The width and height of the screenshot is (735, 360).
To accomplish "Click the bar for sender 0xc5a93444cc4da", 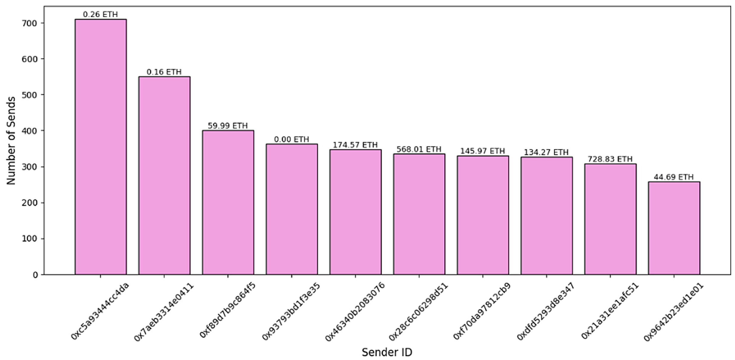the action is tap(100, 147).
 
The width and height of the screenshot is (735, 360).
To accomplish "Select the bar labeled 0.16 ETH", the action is tap(164, 176).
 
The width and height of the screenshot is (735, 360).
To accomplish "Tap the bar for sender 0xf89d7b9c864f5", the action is tap(228, 202).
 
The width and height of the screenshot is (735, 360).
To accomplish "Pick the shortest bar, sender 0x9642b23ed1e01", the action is tap(674, 228).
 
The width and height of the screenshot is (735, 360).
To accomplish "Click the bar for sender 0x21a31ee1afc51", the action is tap(610, 219).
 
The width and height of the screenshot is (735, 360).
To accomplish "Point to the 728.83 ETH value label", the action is tap(610, 159).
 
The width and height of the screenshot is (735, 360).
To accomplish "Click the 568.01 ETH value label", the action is tap(419, 149).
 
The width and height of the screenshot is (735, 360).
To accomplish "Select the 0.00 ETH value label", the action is tap(291, 139).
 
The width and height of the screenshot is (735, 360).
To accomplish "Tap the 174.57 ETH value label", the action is tap(355, 145).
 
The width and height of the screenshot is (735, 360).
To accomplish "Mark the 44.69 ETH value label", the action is tap(674, 177).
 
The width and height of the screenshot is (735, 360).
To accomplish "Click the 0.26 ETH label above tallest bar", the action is tap(100, 14).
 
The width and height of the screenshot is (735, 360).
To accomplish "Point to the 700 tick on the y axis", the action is tap(30, 23).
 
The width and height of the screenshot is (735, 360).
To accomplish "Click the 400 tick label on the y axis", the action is tap(30, 131).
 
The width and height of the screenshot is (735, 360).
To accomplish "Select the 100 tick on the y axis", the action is tap(30, 239).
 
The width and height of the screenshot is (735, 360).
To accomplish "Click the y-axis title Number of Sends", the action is tap(11, 140).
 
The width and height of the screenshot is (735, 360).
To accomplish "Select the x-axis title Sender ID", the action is tap(387, 352).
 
